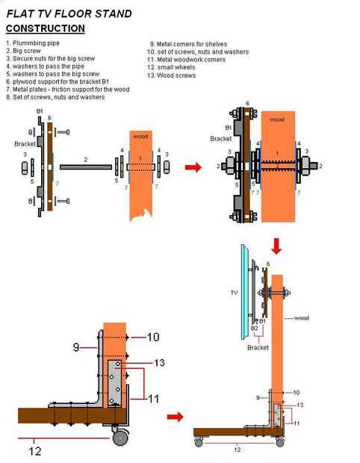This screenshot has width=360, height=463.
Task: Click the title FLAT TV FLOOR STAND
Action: click(69, 14)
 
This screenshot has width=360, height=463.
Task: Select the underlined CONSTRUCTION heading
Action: click(45, 28)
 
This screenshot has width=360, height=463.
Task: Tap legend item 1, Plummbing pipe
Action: click(33, 43)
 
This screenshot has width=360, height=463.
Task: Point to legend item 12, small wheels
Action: click(171, 67)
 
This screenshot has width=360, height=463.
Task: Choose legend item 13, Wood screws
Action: click(171, 75)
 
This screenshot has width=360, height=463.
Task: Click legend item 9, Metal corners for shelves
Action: click(188, 44)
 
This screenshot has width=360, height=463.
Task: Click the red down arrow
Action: click(276, 246)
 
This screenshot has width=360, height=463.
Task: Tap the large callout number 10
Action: click(153, 337)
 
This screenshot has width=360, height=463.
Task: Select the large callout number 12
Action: click(35, 451)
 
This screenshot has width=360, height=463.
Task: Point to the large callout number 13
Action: click(159, 363)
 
